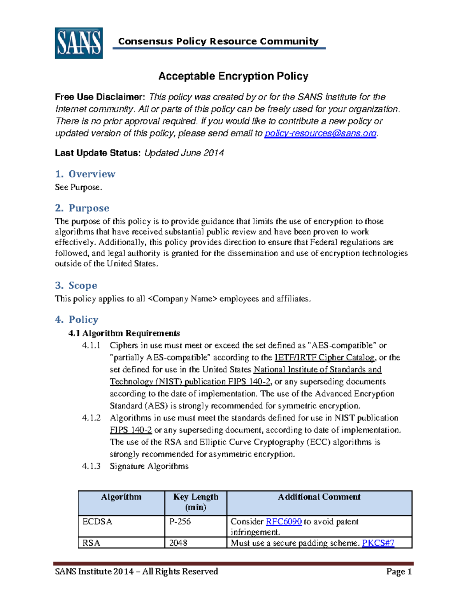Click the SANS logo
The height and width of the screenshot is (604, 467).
[x=79, y=43]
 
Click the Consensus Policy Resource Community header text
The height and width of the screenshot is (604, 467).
[x=218, y=41]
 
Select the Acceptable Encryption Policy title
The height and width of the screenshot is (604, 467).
[x=233, y=76]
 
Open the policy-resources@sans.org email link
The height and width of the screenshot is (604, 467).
[x=320, y=133]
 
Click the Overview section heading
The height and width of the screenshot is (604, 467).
[x=85, y=174]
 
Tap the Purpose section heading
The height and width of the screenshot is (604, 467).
[x=82, y=208]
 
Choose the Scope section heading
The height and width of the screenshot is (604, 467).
[x=76, y=285]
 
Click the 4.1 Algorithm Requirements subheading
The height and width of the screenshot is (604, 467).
[x=124, y=333]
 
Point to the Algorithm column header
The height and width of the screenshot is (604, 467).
[x=121, y=497]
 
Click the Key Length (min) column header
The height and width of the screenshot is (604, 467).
[x=196, y=502]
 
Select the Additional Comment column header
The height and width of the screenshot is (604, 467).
[x=319, y=497]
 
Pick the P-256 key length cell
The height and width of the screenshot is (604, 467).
[x=180, y=522]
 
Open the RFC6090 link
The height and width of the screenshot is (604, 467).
[x=284, y=522]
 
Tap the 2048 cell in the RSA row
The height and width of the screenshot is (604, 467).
[x=178, y=543]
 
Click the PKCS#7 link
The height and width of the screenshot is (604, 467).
[x=378, y=543]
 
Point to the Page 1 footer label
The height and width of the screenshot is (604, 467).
[x=399, y=571]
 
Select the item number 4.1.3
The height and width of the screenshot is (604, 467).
[x=91, y=466]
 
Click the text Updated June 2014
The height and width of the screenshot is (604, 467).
[x=184, y=153]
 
